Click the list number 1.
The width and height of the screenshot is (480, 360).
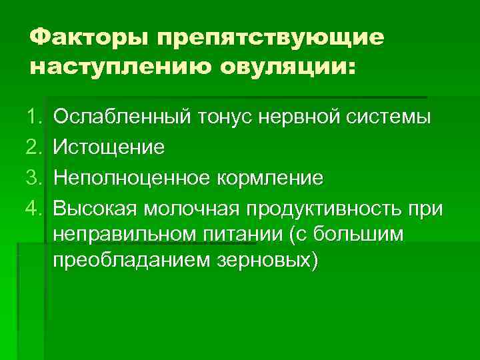pos(35,118)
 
